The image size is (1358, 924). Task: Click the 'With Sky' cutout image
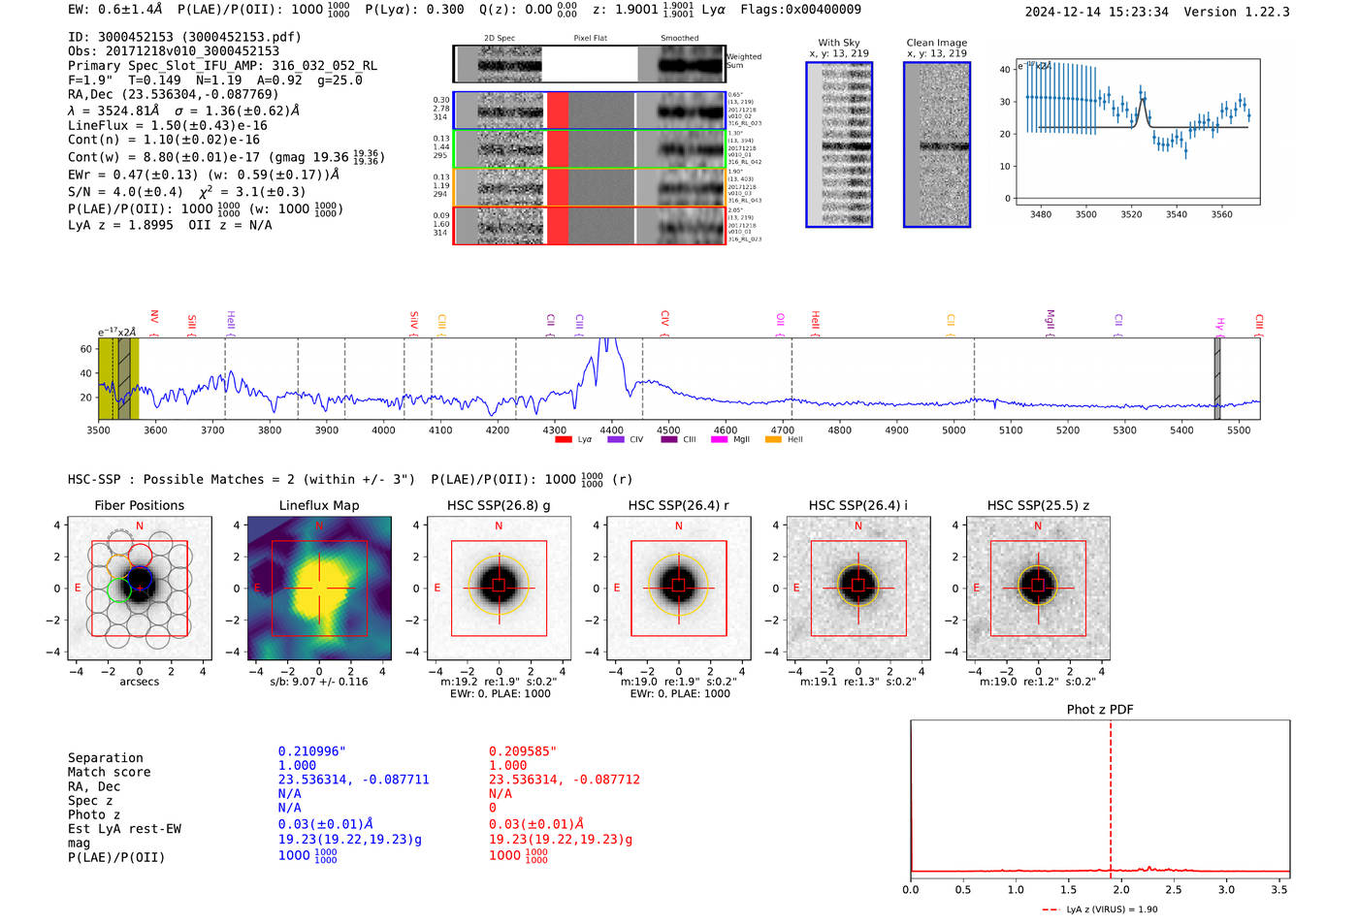point(839,144)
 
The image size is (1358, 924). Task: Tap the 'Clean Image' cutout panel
point(937,144)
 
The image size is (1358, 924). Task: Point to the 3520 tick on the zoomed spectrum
point(1131,214)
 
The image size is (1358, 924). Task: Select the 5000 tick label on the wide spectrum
point(954,430)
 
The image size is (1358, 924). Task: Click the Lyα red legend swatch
point(564,439)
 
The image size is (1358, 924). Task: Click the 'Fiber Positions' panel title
point(139,505)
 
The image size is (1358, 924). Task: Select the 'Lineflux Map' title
point(318,505)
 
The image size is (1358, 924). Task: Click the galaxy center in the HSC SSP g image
point(499,587)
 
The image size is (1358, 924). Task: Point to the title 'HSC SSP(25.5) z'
point(1038,505)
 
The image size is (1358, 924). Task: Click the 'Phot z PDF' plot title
point(1099,709)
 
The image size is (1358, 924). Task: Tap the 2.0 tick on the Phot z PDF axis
point(1120,889)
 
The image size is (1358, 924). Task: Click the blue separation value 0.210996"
point(311,751)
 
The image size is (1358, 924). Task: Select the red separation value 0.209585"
point(522,751)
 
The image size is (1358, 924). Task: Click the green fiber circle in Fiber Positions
point(118,589)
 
